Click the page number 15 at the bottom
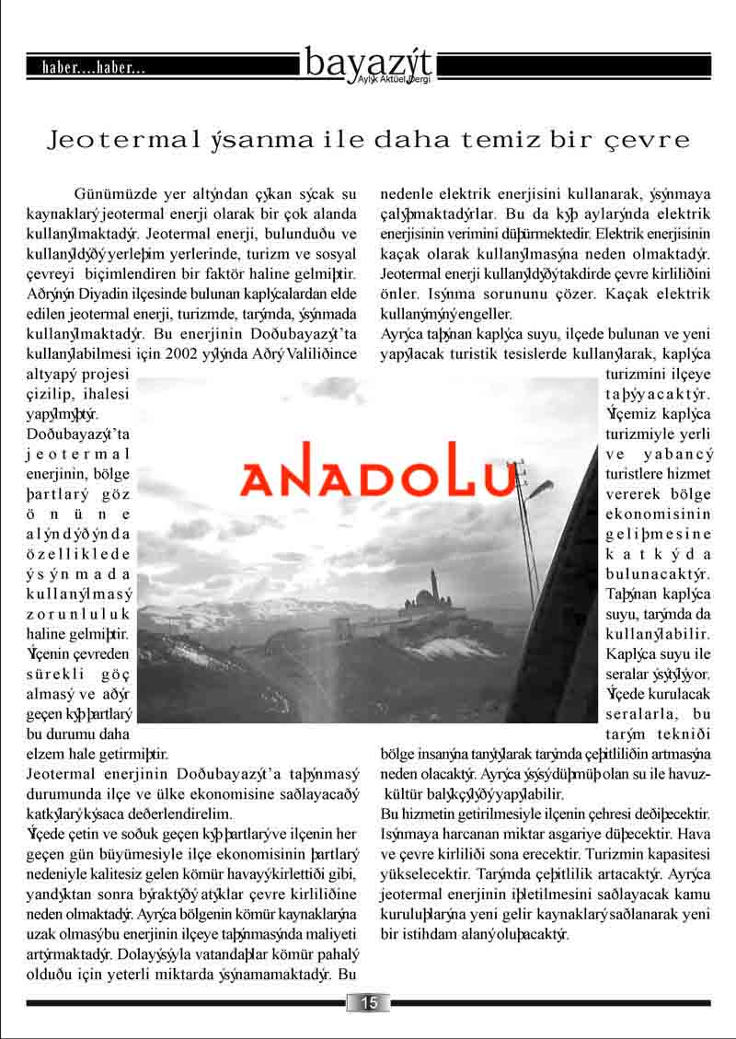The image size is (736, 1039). click(369, 1003)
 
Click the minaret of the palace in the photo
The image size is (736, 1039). click(431, 583)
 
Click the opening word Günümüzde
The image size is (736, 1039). click(118, 194)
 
